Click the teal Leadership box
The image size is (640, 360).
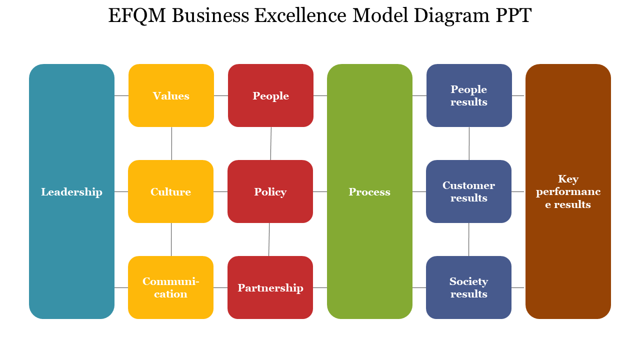coord(71,191)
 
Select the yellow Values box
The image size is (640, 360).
coord(171,95)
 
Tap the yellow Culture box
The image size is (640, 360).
coord(170,191)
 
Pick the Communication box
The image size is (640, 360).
coord(170,287)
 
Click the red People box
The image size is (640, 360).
coord(270,95)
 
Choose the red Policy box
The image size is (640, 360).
coord(270,191)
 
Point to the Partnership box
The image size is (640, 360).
coord(270,287)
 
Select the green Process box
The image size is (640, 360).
coord(369,191)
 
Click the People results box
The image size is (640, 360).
coord(469,95)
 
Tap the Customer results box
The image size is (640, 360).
coord(468,191)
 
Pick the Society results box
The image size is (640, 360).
coord(468,287)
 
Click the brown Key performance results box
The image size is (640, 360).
coord(568,191)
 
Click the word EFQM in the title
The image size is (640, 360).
coord(137,16)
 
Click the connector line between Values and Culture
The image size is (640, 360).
coord(171,143)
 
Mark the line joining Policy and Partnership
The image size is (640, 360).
coord(269,239)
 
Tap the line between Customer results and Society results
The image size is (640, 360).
coord(468,239)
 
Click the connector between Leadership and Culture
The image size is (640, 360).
coord(121,191)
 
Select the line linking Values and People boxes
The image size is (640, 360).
coord(220,95)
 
